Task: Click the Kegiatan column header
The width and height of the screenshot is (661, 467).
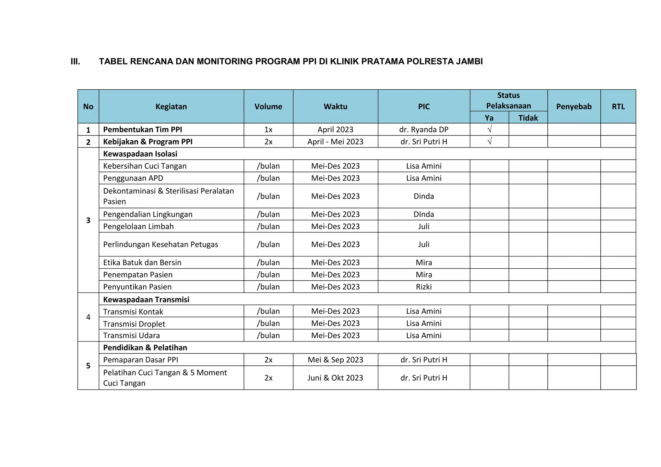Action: [171, 106]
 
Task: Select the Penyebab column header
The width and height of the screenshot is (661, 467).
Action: [574, 106]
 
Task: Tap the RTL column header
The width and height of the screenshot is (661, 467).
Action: [618, 106]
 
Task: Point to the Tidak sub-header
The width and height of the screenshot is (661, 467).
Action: [528, 118]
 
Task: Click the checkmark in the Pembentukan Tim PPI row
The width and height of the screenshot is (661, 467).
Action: [489, 129]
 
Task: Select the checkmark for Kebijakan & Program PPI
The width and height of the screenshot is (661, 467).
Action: [489, 141]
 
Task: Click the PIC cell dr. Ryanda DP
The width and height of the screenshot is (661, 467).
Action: [423, 129]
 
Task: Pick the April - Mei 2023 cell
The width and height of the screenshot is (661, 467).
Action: [335, 142]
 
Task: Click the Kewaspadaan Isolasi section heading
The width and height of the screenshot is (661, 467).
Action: [140, 154]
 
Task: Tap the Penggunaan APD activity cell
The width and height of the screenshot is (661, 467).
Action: [133, 178]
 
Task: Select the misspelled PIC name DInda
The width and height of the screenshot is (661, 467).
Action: [423, 214]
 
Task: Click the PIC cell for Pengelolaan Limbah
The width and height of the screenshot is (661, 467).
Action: [423, 226]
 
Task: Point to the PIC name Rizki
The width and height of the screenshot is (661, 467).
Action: [423, 287]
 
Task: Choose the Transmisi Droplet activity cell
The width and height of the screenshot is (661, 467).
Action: [134, 324]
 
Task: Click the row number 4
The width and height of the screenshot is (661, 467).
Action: [88, 317]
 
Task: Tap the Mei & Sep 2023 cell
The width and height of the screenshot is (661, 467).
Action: [335, 360]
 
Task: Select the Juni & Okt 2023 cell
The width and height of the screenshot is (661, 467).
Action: [335, 378]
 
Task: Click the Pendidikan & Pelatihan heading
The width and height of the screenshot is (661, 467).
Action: [145, 348]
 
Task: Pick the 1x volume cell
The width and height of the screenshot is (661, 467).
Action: [268, 129]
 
